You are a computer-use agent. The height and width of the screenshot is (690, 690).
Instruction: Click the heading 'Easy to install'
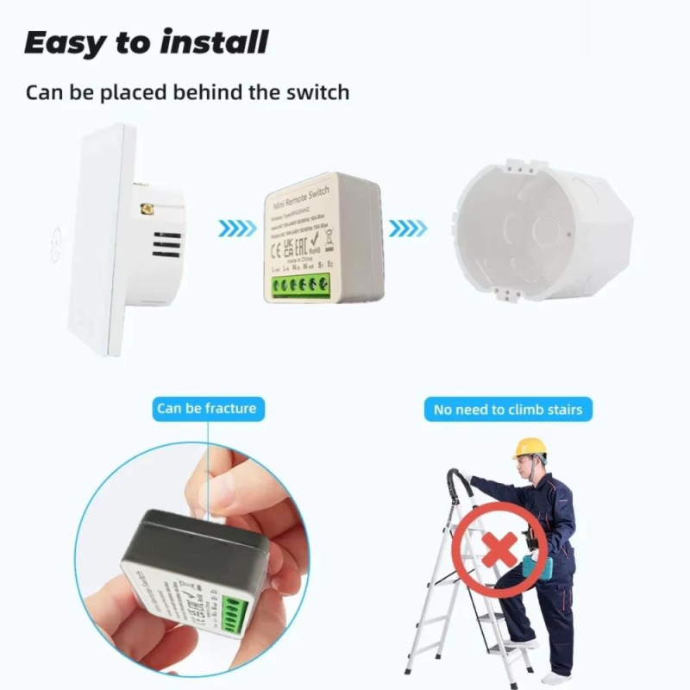click(x=146, y=41)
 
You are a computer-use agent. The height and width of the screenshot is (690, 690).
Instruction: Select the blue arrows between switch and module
click(x=237, y=229)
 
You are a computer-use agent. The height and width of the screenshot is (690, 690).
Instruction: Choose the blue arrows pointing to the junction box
click(x=407, y=229)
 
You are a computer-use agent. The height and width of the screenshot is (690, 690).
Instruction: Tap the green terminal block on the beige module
click(x=301, y=284)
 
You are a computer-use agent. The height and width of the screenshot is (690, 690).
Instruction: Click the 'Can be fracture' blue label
click(x=206, y=407)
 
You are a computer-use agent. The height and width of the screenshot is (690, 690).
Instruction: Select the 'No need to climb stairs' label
click(x=508, y=410)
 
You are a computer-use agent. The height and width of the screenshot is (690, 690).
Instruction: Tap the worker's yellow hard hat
click(x=530, y=448)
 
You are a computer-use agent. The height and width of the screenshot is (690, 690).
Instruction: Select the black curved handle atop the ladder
click(x=456, y=482)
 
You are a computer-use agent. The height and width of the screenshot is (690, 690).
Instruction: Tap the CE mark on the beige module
click(x=280, y=247)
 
